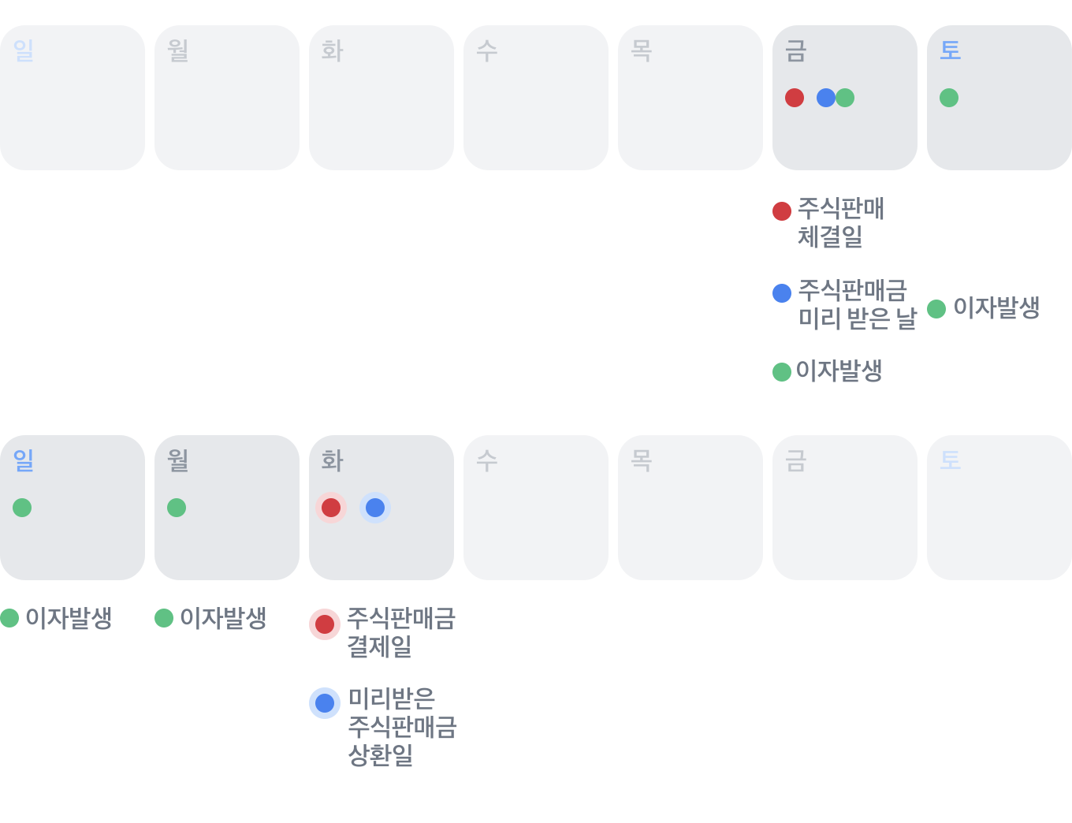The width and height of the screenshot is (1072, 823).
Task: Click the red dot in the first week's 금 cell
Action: click(x=795, y=98)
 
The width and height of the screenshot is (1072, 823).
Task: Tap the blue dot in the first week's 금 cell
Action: click(x=825, y=98)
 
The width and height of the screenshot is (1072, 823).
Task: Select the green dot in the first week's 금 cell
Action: click(x=846, y=98)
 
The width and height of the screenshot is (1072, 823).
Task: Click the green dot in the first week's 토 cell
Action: click(x=949, y=98)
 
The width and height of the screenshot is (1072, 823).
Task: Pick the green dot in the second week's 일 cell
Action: click(x=22, y=508)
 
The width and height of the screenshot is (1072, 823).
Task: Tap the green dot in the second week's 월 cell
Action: click(x=177, y=508)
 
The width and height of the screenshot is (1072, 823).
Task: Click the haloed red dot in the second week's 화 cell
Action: click(x=331, y=508)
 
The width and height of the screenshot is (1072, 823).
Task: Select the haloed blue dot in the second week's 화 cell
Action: click(x=375, y=508)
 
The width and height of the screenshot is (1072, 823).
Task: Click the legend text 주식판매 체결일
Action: click(x=840, y=222)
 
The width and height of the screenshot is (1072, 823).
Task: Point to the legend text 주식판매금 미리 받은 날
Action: click(x=857, y=304)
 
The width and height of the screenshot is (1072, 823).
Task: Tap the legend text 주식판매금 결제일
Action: click(x=401, y=632)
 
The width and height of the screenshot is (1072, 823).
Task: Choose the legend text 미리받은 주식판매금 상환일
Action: click(x=402, y=727)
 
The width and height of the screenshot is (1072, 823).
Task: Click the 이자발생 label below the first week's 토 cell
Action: click(x=996, y=307)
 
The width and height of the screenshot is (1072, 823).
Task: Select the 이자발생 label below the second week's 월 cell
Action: click(x=223, y=618)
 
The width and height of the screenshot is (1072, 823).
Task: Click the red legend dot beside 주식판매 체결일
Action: click(x=782, y=211)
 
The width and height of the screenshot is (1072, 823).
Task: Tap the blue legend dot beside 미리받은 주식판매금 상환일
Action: click(x=325, y=703)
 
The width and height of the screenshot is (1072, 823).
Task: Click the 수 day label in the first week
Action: click(x=486, y=51)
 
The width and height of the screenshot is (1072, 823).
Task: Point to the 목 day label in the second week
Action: click(x=641, y=461)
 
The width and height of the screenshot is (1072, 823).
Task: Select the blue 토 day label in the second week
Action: click(x=950, y=461)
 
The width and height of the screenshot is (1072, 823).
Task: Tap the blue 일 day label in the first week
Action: click(x=23, y=51)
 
